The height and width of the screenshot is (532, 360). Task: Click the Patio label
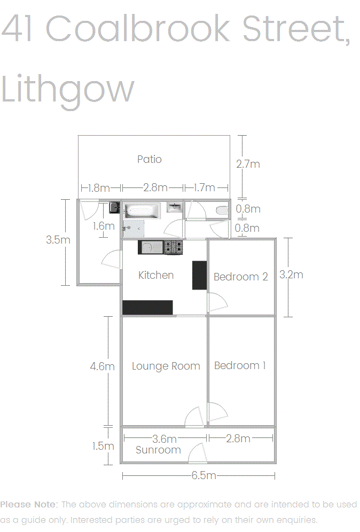150,159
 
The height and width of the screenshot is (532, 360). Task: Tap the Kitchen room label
156,275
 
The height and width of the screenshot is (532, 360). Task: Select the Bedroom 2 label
240,277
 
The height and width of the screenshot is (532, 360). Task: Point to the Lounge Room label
166,366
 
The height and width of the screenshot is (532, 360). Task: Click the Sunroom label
158,450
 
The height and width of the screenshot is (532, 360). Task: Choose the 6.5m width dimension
204,475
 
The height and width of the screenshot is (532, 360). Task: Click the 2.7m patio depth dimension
248,164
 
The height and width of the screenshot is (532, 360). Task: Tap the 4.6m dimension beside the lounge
102,366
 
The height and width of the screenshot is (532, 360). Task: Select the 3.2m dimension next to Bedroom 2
291,275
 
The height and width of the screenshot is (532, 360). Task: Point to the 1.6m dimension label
104,226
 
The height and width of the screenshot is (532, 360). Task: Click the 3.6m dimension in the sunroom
164,439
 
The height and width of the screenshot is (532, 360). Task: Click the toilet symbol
222,210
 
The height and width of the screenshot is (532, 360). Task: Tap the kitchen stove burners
174,247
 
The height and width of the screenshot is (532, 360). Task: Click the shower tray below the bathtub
134,229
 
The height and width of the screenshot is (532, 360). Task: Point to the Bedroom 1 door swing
217,412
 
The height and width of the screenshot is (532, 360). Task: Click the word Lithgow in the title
68,89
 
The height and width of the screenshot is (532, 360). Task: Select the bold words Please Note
29,505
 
